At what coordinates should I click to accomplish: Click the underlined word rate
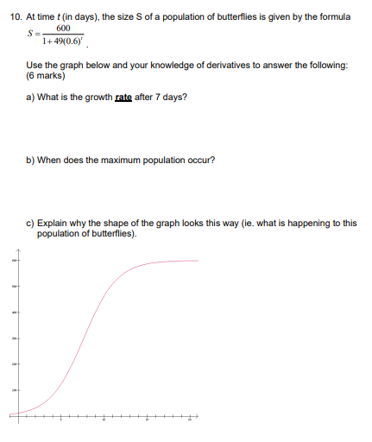tap(124, 97)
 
